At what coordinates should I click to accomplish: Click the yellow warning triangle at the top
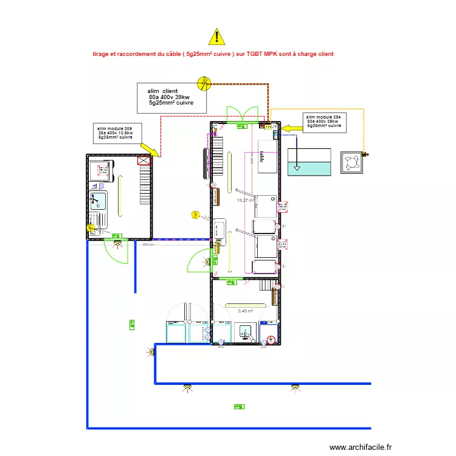(216, 37)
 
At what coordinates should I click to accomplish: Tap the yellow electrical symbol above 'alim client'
(206, 82)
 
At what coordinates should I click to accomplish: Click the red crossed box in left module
(144, 161)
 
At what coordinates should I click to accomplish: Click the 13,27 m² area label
(245, 200)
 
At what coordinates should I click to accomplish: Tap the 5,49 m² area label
(246, 311)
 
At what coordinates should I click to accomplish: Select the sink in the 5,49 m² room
(246, 331)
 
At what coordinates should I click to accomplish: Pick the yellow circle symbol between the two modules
(195, 214)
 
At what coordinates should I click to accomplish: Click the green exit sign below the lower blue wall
(238, 406)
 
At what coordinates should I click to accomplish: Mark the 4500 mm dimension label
(148, 245)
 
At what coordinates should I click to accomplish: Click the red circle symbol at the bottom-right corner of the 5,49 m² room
(272, 340)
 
